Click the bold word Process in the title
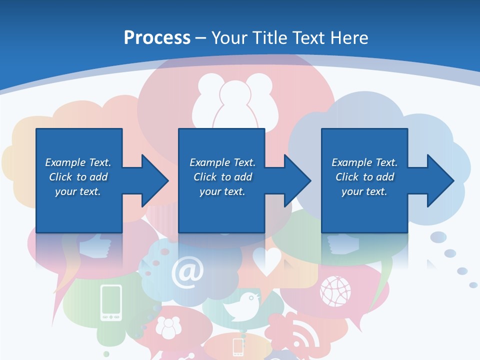[x=157, y=38]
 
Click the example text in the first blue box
[x=78, y=177]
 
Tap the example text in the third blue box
[x=364, y=177]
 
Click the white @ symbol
[x=187, y=272]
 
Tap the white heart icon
[x=266, y=260]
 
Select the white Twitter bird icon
[x=243, y=306]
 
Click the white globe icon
[x=335, y=290]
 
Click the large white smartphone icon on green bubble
[x=111, y=302]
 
